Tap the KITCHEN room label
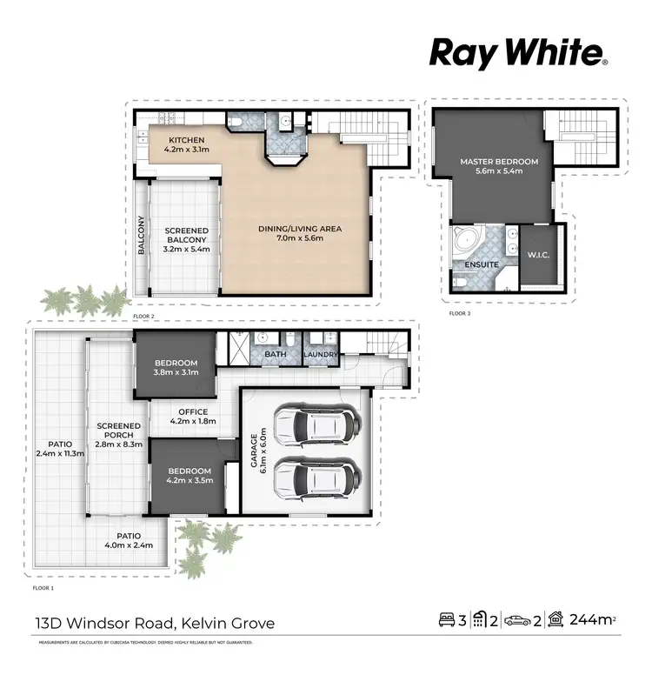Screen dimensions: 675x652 click(186, 140)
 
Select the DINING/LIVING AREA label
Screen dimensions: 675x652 click(300, 229)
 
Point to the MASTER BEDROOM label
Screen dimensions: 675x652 click(499, 162)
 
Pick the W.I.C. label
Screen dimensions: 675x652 click(536, 255)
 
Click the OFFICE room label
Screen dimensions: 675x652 click(191, 411)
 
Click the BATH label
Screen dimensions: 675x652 click(276, 354)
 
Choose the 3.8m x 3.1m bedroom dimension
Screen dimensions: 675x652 click(176, 372)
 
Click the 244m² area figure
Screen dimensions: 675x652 click(590, 620)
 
